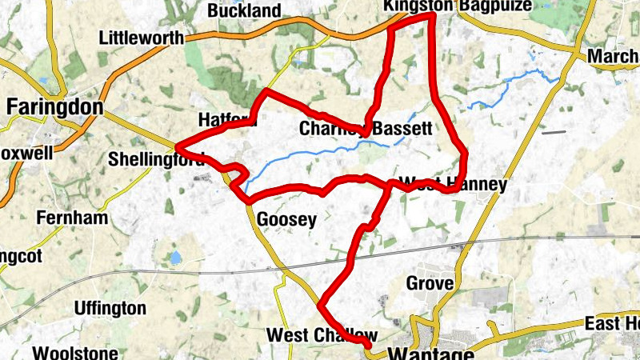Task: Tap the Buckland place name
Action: [244, 11]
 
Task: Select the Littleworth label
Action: [141, 38]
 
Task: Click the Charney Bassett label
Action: [366, 128]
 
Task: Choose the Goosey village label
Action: [286, 218]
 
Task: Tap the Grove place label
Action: [430, 283]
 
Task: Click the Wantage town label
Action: [433, 352]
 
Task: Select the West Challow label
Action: [321, 334]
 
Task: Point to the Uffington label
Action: [110, 308]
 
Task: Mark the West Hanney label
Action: [453, 184]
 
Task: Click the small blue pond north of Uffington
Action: [174, 258]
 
